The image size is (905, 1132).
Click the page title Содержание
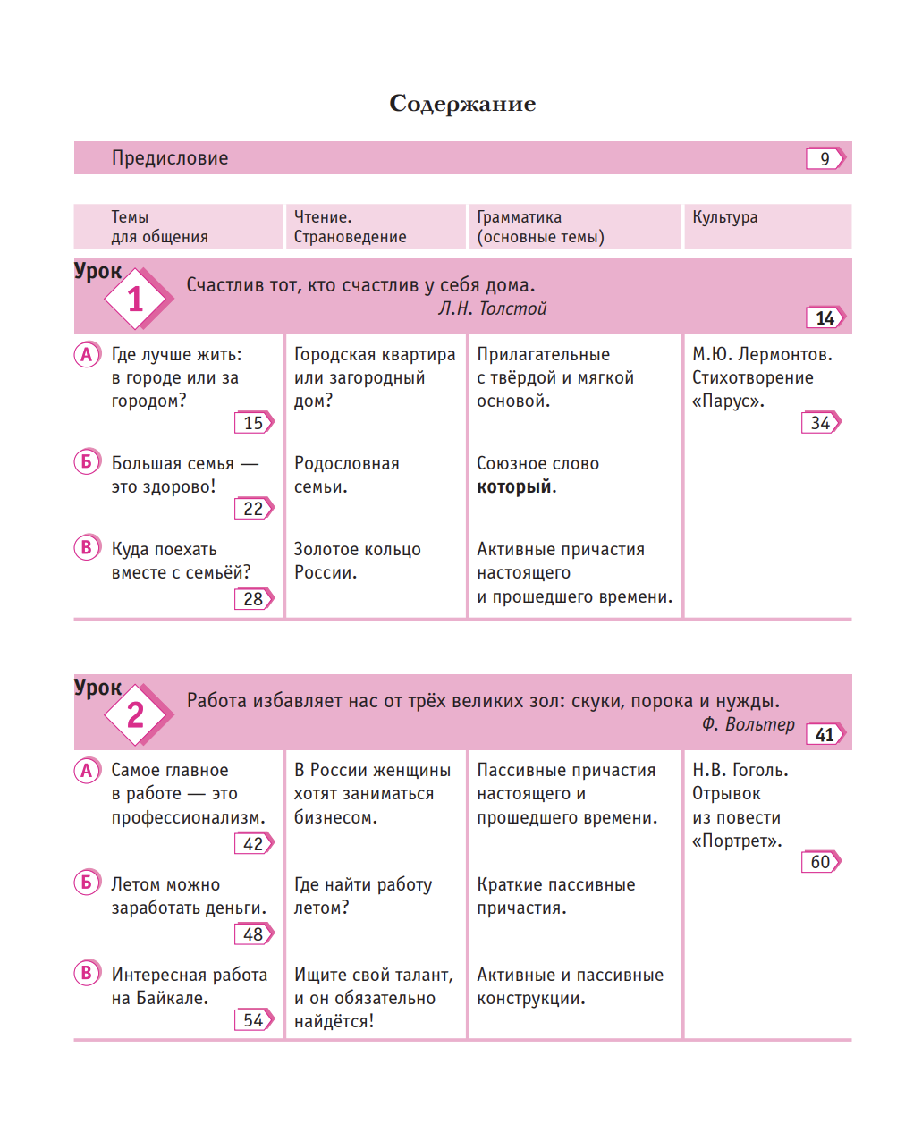coord(462,104)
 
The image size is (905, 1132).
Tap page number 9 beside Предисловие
coord(825,159)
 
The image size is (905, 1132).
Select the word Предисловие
coord(170,158)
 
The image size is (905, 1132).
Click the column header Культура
coord(724,217)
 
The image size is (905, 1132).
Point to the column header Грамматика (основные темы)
coord(540,227)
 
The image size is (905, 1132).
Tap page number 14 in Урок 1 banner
coord(825,318)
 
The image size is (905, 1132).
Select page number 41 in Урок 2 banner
coord(825,735)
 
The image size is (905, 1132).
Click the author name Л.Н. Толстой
coord(492,309)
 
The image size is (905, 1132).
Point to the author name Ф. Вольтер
coord(748,725)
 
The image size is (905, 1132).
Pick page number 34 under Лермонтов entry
coord(820,423)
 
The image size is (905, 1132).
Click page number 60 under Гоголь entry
coord(820,862)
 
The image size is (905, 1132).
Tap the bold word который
coord(514,487)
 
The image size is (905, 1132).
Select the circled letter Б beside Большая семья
coord(87,462)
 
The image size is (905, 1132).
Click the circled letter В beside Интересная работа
coord(87,973)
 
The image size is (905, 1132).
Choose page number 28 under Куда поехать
coord(253,599)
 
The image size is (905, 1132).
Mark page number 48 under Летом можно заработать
coord(253,934)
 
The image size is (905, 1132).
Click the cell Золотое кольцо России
coord(357,562)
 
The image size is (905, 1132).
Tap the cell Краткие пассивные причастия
coord(555,896)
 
